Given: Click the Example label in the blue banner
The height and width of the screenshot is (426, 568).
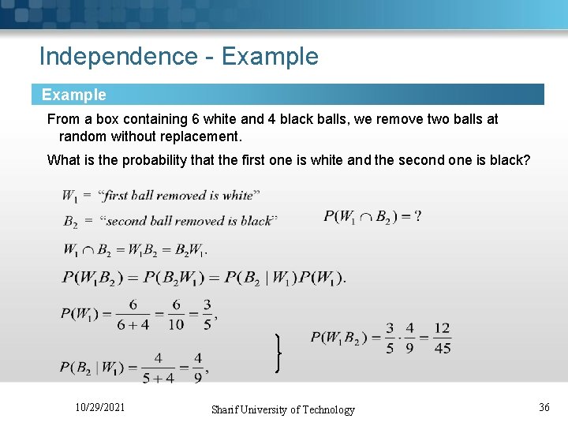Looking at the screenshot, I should tap(73, 95).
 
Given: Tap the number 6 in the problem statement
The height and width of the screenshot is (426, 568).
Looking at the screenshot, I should tap(195, 119).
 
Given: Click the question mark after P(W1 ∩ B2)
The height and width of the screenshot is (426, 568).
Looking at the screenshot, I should tap(417, 215).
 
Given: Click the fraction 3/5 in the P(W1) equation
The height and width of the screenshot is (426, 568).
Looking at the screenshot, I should tap(207, 314).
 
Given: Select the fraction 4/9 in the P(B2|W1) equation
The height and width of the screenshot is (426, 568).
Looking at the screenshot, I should tap(197, 368).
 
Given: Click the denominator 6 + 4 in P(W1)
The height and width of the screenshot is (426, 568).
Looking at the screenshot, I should tap(133, 323).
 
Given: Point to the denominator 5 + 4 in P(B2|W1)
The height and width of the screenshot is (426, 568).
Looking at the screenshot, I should tap(158, 378).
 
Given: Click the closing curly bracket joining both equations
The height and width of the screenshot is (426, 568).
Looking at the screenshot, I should tap(278, 353).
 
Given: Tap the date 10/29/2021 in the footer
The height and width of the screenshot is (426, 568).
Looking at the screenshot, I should tap(99, 407).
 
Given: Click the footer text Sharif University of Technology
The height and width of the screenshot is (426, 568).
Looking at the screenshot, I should tap(282, 409).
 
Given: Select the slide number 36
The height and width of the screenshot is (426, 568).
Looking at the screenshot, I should tap(544, 407).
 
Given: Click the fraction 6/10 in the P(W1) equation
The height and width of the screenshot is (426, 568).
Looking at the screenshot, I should tap(176, 314).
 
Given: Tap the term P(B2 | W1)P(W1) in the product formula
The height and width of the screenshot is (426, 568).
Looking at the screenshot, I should tap(285, 277).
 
